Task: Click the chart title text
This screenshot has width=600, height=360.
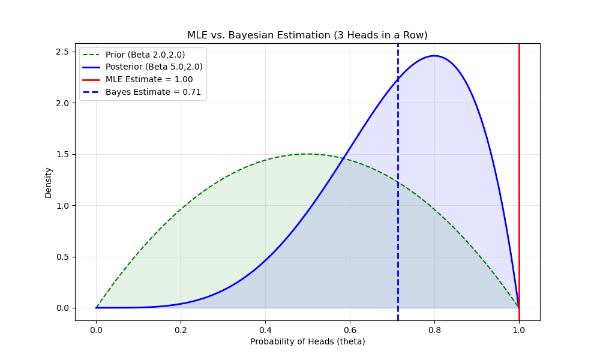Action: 307,35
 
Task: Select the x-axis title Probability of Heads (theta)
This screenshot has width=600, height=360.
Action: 307,341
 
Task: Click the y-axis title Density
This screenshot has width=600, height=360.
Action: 49,182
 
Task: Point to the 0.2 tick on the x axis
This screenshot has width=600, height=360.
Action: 181,329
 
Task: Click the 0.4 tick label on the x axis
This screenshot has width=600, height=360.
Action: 265,329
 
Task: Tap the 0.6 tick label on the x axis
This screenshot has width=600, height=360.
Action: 350,329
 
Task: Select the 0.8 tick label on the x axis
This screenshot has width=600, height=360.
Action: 434,329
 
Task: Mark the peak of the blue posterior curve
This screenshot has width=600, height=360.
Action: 434,56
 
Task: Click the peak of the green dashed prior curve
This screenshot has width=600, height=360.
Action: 307,154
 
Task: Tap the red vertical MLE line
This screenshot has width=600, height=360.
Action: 519,180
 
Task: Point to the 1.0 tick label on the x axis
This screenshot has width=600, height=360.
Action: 519,329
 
